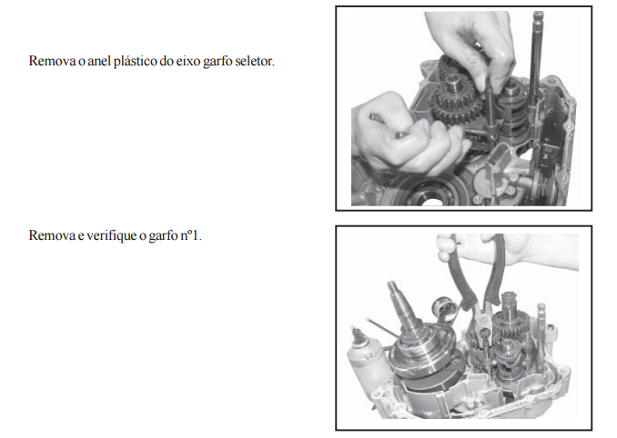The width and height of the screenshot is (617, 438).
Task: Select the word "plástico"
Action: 136,62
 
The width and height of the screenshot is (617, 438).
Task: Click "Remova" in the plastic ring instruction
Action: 52,61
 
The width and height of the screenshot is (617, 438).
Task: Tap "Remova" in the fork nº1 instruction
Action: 52,235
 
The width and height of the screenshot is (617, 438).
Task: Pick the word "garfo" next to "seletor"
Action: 217,62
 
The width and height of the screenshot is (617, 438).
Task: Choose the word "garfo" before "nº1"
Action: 163,236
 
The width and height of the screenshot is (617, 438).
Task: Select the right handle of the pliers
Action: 495,271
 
